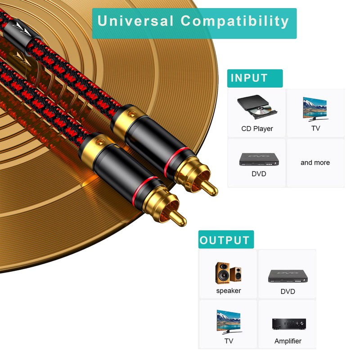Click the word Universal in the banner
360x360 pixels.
135,21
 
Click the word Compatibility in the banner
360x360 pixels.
235,21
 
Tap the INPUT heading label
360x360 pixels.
249,78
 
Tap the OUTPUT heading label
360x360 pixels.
225,240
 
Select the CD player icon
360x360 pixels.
256,107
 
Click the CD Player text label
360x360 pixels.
257,129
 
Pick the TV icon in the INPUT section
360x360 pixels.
315,108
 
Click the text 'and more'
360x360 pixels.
315,162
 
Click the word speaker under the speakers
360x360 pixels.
229,291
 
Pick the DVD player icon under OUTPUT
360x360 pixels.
288,275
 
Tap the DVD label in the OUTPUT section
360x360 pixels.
288,292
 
